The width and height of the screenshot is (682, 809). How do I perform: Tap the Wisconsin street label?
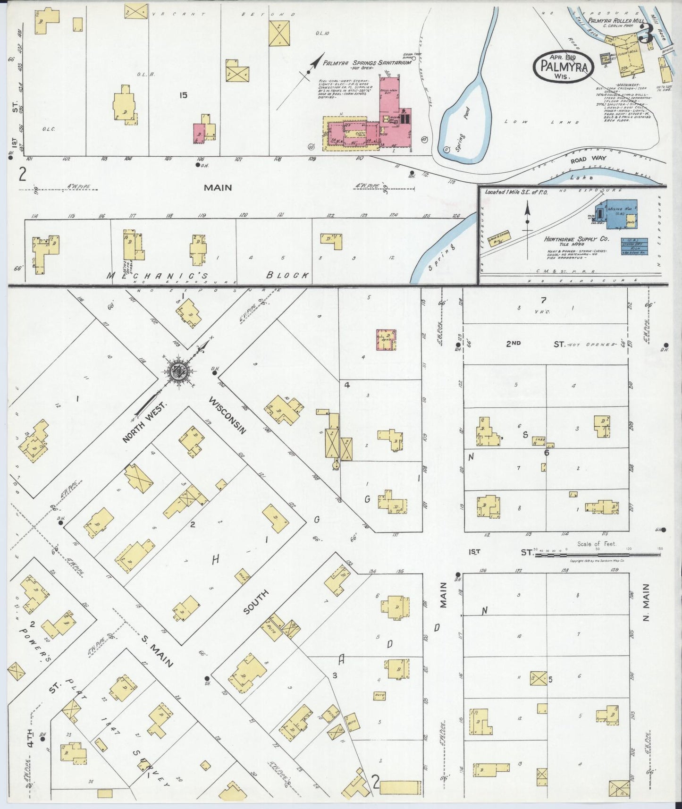[x=227, y=415]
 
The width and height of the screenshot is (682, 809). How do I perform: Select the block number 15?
[x=183, y=95]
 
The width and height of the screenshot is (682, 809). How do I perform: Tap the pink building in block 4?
[x=386, y=339]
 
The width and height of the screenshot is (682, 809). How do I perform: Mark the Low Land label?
[x=541, y=122]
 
